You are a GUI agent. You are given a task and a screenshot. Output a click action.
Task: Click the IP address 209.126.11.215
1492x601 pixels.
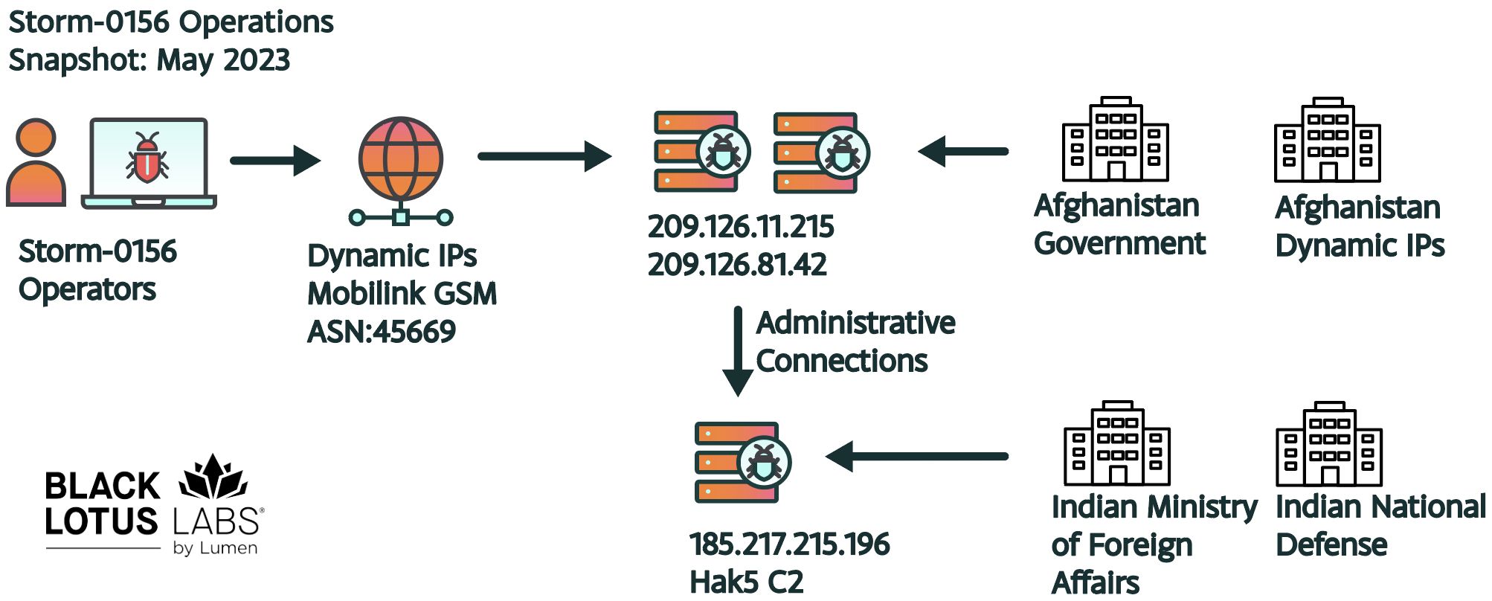click(740, 227)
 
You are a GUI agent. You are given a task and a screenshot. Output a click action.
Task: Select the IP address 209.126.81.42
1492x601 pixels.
click(736, 265)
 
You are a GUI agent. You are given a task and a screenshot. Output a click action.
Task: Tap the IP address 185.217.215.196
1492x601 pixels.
click(789, 544)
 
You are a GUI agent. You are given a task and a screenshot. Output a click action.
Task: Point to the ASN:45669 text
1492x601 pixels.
click(381, 332)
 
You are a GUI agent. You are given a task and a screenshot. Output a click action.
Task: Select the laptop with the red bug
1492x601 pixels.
click(149, 162)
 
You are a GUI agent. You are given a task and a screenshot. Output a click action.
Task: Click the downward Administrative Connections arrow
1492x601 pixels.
click(738, 350)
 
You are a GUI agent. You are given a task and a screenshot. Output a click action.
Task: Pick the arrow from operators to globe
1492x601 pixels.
click(274, 160)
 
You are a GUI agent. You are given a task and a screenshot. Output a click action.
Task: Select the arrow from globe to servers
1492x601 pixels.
click(544, 156)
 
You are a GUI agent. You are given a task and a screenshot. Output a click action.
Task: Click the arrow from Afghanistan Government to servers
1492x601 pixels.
click(963, 151)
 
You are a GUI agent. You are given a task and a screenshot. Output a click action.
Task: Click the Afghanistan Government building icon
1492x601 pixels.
click(1115, 140)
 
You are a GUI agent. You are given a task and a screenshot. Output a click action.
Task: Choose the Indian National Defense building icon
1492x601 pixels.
click(1329, 445)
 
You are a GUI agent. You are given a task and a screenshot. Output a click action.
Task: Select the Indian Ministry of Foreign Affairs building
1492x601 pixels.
click(1117, 443)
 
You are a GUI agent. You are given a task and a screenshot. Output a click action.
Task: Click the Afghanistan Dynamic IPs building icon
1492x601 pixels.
click(1328, 141)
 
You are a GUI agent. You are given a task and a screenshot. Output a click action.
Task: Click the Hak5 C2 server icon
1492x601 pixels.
click(742, 462)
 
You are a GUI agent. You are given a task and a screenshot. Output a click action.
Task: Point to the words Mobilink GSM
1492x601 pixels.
click(402, 294)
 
